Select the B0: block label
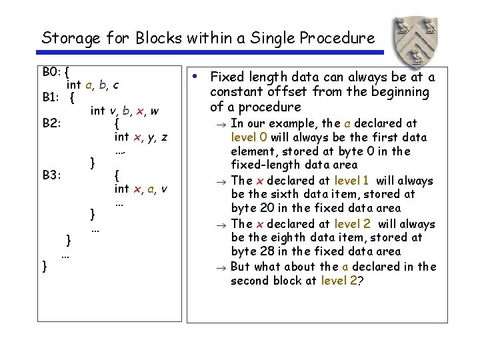coord(52,71)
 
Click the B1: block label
coord(52,97)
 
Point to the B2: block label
coord(52,123)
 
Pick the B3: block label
coord(52,175)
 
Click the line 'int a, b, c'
coord(93,85)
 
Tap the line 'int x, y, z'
coord(141,137)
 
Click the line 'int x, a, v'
coord(141,189)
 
